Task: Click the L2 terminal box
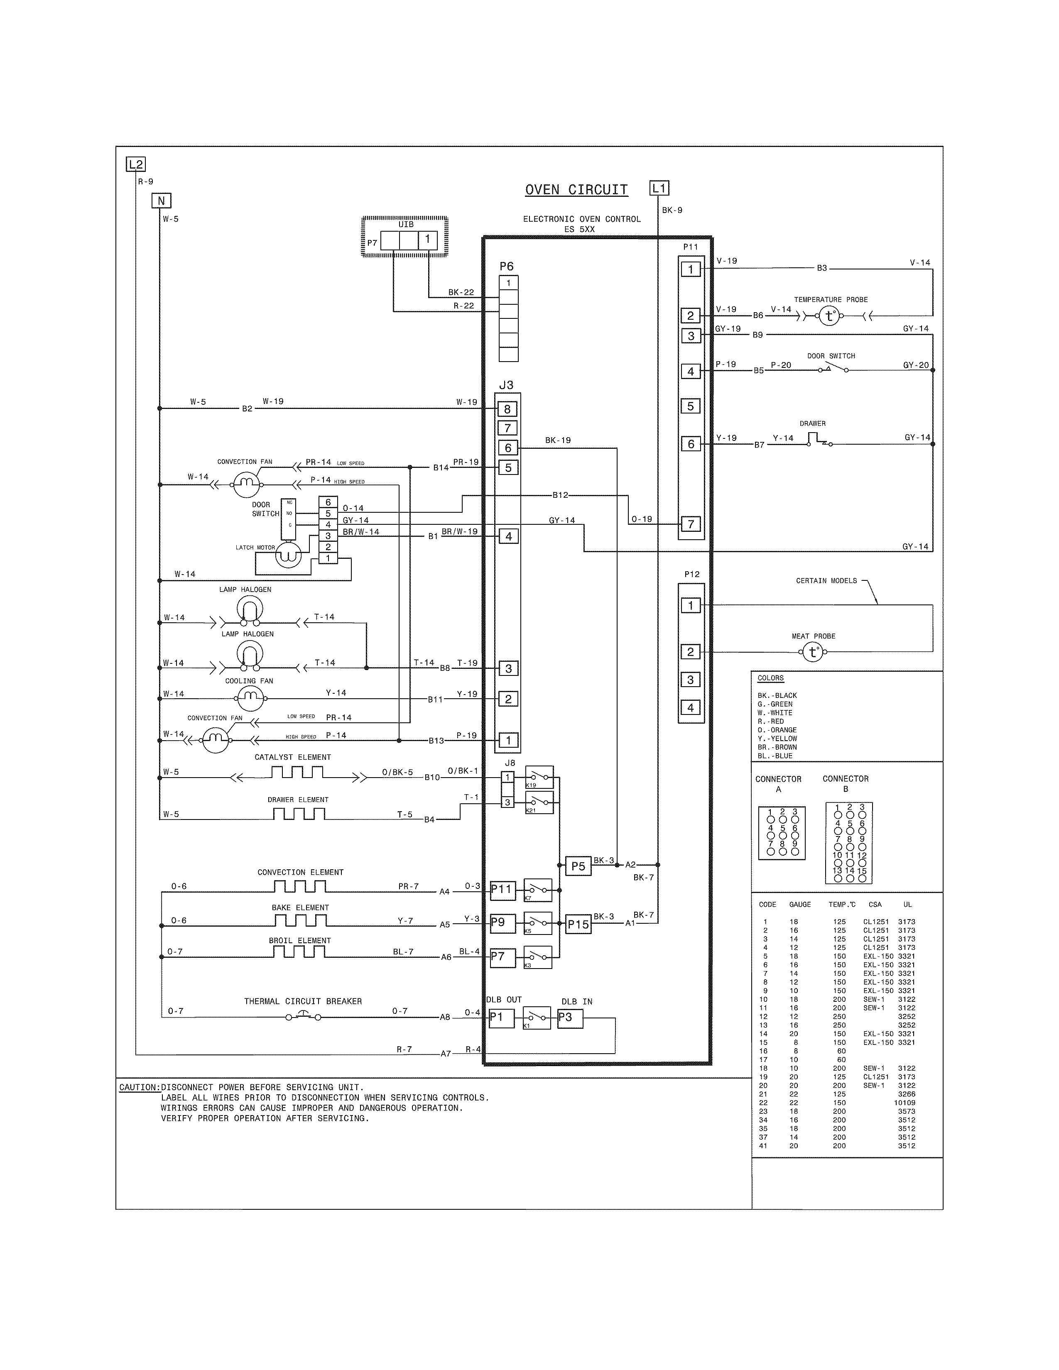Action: (x=135, y=165)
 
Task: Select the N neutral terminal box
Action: (x=161, y=201)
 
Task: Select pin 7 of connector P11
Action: (x=691, y=524)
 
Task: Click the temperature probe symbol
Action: (x=829, y=316)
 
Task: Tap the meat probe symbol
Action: (x=813, y=652)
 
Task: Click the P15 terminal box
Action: (x=578, y=925)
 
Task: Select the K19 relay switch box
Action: (x=539, y=777)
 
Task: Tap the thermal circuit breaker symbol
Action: (x=303, y=1016)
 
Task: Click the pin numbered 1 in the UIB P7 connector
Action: (x=427, y=239)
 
